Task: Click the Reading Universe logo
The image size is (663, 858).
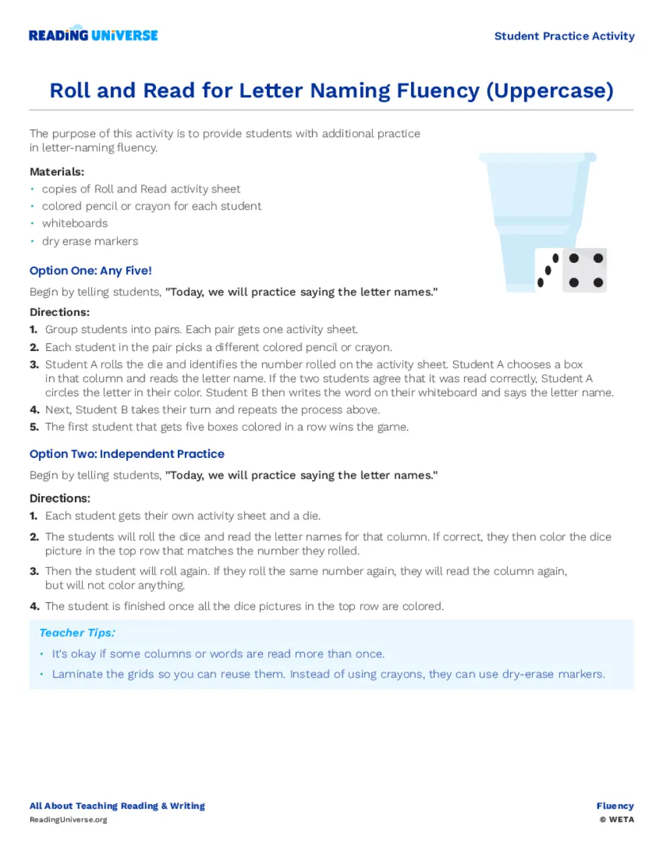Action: click(x=93, y=35)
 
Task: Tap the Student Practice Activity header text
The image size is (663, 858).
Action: click(x=564, y=36)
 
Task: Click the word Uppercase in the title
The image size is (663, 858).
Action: click(x=549, y=91)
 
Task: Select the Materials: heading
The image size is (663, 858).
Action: click(x=57, y=172)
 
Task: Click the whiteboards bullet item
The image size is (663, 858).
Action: click(x=75, y=223)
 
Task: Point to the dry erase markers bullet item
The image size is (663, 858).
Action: click(x=90, y=241)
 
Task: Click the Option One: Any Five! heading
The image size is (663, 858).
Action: click(x=91, y=271)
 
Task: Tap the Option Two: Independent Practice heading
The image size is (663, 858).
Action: click(x=127, y=454)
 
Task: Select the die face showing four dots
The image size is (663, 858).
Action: click(x=585, y=270)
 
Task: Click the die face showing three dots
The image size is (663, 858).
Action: click(x=548, y=270)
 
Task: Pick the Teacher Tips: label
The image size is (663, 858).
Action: click(x=77, y=633)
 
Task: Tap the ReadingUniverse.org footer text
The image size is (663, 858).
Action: click(x=69, y=820)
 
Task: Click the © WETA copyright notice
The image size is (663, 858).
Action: click(x=616, y=820)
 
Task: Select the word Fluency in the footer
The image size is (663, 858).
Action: click(x=615, y=806)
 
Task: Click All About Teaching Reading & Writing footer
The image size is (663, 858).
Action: click(x=117, y=806)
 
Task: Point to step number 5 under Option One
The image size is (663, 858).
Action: click(x=34, y=427)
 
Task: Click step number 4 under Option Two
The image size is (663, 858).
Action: click(x=34, y=607)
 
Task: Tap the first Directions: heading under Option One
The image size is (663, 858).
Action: click(x=60, y=312)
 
